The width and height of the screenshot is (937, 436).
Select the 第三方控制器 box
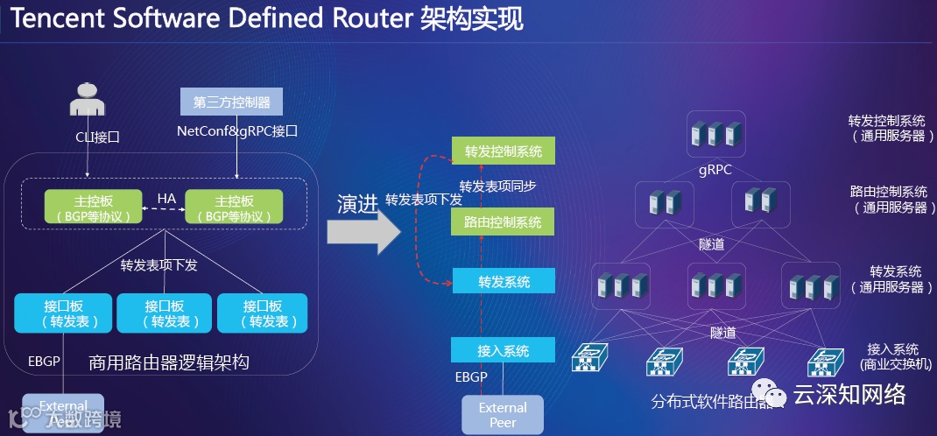pyautogui.click(x=232, y=102)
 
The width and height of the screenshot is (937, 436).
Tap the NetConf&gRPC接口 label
pyautogui.click(x=237, y=131)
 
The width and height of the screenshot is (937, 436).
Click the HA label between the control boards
pyautogui.click(x=166, y=200)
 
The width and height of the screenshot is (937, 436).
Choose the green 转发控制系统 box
pyautogui.click(x=504, y=151)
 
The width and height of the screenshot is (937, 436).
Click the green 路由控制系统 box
pyautogui.click(x=504, y=222)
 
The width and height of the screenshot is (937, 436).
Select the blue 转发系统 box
pyautogui.click(x=504, y=282)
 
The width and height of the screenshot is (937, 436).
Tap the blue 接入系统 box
pyautogui.click(x=504, y=351)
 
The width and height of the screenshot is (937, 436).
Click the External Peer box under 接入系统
pyautogui.click(x=503, y=414)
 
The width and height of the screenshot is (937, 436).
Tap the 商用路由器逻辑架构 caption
pyautogui.click(x=169, y=362)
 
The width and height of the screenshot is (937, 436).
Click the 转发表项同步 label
pyautogui.click(x=497, y=186)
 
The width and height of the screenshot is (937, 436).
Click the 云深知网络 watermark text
pyautogui.click(x=849, y=395)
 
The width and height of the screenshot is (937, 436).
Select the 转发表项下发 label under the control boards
pyautogui.click(x=159, y=264)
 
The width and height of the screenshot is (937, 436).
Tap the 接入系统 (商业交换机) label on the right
pyautogui.click(x=892, y=356)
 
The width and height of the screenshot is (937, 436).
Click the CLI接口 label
pyautogui.click(x=96, y=137)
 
